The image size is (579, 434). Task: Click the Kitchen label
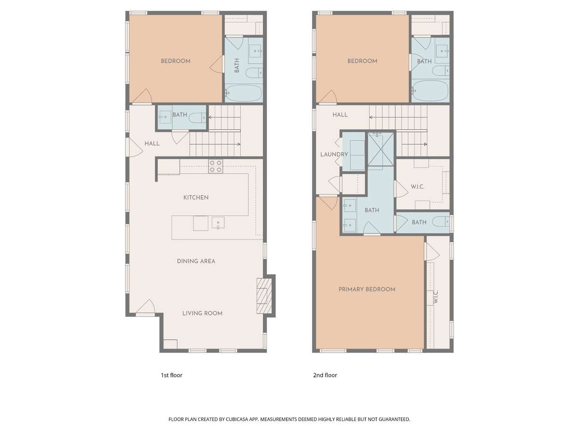196,197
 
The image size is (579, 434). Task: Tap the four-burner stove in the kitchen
216,166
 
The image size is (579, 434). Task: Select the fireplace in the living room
264,296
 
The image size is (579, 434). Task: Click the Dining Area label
196,261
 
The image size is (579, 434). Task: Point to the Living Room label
202,313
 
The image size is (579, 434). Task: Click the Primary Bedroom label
367,289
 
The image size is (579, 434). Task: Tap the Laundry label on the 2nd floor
334,154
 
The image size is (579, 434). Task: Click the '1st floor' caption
171,375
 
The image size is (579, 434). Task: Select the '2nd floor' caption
325,375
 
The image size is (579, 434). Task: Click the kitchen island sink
218,223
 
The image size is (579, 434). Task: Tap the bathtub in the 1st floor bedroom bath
244,93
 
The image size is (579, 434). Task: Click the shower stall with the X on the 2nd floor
381,149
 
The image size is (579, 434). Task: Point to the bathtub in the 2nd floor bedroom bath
430,91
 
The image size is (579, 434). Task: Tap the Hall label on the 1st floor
152,144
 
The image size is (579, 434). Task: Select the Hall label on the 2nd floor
340,115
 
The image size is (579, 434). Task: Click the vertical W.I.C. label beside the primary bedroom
436,297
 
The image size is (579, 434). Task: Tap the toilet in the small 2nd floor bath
441,222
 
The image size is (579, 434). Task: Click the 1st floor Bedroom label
176,61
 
